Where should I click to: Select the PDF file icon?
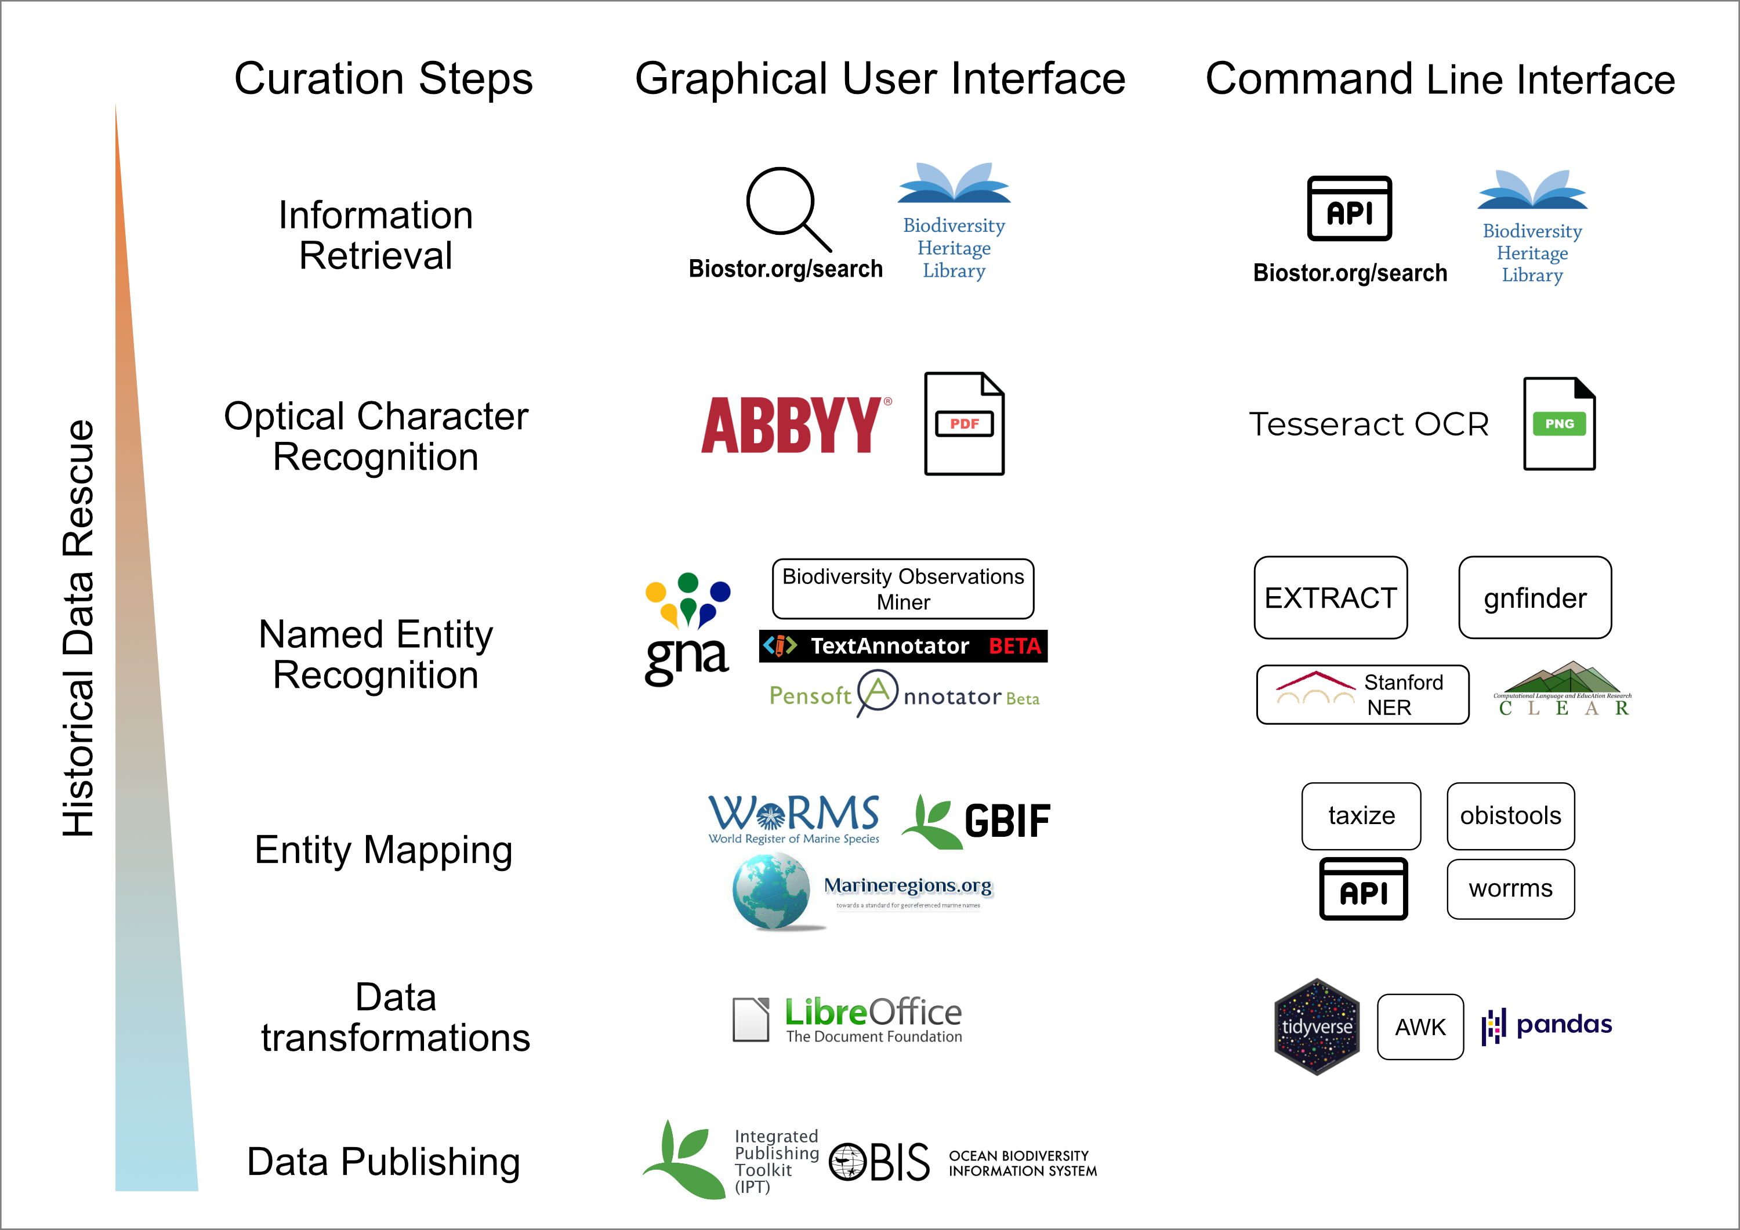click(x=964, y=424)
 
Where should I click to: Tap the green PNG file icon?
click(x=1559, y=424)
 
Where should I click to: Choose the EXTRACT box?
click(x=1330, y=598)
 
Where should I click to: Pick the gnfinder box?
click(x=1535, y=598)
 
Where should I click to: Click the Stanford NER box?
click(x=1362, y=694)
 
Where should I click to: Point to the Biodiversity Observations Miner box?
click(x=902, y=589)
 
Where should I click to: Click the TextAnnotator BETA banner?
click(x=902, y=645)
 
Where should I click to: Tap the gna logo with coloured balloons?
click(x=687, y=629)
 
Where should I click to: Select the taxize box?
click(x=1361, y=815)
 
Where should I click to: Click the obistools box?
click(x=1510, y=815)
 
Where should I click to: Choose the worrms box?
click(x=1510, y=888)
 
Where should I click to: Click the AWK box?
click(x=1420, y=1027)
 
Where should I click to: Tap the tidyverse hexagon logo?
click(x=1317, y=1027)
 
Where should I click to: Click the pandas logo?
click(x=1547, y=1025)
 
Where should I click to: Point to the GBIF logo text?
click(x=1006, y=821)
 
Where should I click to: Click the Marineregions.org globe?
click(x=771, y=891)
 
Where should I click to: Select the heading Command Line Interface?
click(x=1440, y=79)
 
